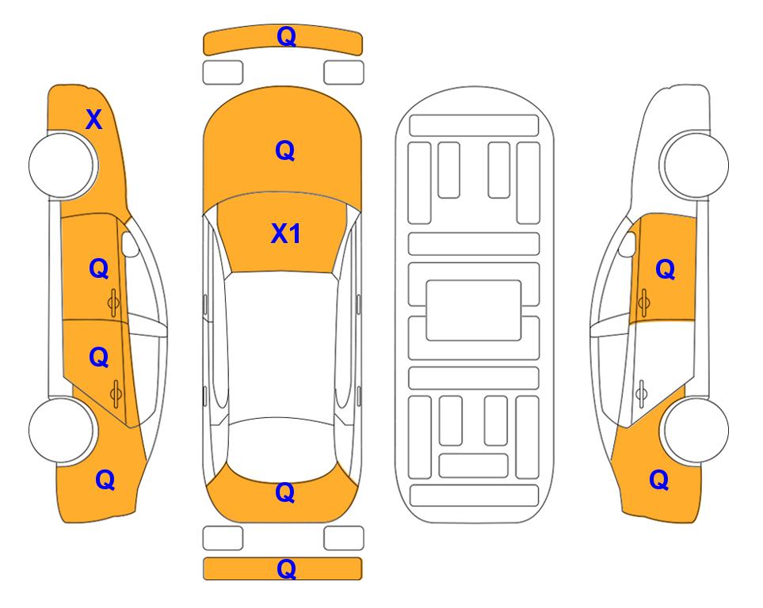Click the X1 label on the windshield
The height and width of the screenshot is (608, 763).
pos(286,234)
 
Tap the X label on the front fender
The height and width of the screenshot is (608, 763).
pos(94,120)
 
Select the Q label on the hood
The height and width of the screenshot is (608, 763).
pos(285,150)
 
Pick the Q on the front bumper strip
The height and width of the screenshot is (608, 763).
pos(286,36)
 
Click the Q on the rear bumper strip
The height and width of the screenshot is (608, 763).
pos(286,568)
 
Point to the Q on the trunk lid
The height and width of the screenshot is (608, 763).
pos(285,492)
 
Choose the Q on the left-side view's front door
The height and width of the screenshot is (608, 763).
pos(99,268)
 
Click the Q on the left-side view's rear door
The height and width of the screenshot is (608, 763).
pos(99,357)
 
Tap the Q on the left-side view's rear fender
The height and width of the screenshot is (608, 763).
pos(105,480)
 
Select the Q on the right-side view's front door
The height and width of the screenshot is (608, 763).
pos(666,269)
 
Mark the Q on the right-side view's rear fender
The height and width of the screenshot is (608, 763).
pos(659,480)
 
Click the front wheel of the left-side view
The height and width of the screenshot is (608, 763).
pos(62,165)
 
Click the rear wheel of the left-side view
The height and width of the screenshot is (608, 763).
pos(62,430)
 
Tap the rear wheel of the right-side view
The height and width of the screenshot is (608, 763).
pos(696,430)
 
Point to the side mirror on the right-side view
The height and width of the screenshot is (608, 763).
pos(627,244)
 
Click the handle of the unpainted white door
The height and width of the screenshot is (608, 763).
pos(641,394)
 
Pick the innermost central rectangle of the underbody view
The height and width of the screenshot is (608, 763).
pos(474,310)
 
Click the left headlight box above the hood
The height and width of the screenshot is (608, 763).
pos(223,73)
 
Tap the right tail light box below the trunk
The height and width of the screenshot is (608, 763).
pos(344,538)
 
